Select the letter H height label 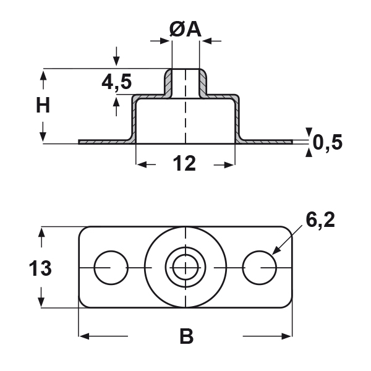pos(42,106)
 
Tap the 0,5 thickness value pos(328,142)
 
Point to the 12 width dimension pos(184,164)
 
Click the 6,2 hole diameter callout pos(320,220)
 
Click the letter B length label pos(186,337)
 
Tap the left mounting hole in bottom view pos(111,268)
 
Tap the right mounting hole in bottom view pos(260,268)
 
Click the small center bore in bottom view pos(185,268)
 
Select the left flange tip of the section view pos(81,142)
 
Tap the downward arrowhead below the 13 pos(41,302)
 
